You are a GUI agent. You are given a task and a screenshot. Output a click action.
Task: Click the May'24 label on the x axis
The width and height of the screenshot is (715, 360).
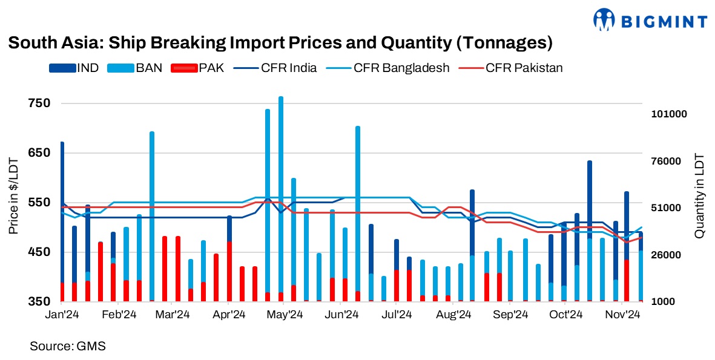click(285, 315)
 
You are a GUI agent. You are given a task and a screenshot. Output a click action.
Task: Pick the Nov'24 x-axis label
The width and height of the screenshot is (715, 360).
click(623, 315)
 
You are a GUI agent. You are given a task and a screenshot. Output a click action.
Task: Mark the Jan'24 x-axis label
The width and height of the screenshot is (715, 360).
click(62, 315)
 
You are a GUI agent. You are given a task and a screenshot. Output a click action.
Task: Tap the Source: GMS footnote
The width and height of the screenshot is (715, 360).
click(68, 346)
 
